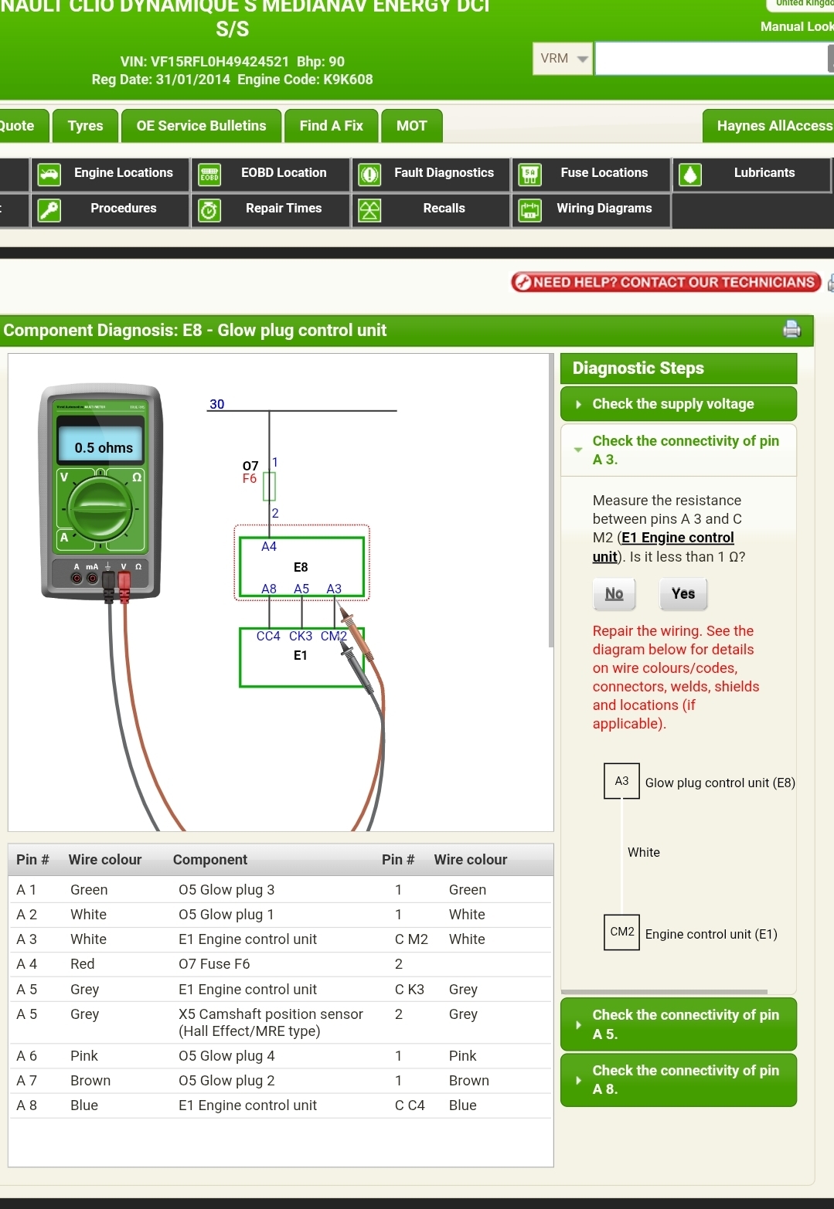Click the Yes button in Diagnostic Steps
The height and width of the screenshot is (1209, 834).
point(683,594)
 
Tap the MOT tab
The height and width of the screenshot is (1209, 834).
point(411,126)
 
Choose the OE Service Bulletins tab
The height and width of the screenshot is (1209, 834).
point(201,126)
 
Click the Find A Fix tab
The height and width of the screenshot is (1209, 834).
point(331,126)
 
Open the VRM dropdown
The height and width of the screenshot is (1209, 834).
point(563,59)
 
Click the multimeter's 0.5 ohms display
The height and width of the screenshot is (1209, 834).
point(104,447)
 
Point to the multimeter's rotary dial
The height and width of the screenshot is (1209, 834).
point(100,508)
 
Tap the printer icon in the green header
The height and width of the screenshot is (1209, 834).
point(791,330)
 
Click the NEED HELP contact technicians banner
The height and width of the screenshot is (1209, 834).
point(665,283)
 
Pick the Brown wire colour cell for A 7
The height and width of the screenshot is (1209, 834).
point(90,1081)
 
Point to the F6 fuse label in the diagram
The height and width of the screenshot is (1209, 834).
point(250,479)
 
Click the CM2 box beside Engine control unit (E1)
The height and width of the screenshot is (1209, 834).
point(621,932)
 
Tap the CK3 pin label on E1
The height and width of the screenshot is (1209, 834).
point(301,637)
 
